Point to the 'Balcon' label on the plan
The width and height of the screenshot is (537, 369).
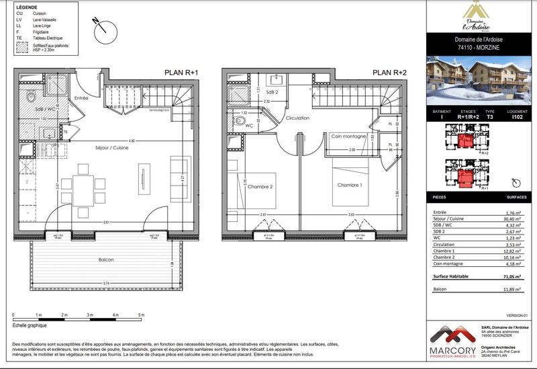pos(105,260)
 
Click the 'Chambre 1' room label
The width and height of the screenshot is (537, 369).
pos(349,186)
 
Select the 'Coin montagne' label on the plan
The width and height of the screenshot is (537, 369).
pos(348,136)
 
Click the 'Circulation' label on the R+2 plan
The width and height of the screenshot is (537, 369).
pos(297,118)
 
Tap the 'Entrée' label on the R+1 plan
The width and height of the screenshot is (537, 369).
pos(81,98)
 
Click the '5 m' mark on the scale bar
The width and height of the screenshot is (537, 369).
pos(141,315)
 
